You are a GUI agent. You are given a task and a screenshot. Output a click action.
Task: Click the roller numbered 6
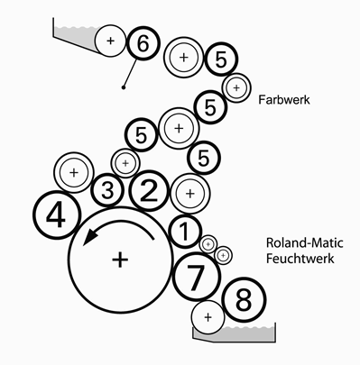pos(143,43)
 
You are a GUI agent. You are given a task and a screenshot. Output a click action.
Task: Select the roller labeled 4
pos(57,215)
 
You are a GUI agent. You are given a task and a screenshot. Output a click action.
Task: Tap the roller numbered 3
pos(107,190)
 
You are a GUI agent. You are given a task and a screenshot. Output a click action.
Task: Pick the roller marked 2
pos(149,191)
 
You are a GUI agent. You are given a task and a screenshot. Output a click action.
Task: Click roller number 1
pos(185,232)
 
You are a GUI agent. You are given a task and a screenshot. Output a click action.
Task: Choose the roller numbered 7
pos(198,277)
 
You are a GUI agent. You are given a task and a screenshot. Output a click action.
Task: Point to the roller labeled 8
pos(244,300)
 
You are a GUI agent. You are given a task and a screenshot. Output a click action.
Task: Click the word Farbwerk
pos(284,100)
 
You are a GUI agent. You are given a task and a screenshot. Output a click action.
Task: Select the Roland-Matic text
pos(304,242)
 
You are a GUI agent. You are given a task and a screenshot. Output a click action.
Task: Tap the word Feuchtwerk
pos(300,259)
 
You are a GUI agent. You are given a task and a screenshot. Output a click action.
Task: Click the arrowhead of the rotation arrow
pos(89,236)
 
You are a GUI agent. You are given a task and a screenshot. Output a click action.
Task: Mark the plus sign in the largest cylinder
pos(120,260)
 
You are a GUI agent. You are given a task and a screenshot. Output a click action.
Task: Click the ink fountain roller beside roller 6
pos(110,41)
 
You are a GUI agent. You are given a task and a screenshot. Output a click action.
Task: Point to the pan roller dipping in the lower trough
pos(208,317)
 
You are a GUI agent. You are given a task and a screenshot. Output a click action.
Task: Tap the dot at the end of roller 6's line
pos(123,87)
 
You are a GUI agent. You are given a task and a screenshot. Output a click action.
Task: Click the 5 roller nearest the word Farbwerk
pos(210,107)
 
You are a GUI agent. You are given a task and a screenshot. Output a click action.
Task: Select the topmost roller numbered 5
pos(221,59)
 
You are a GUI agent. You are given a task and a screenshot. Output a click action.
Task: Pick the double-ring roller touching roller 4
pos(74,172)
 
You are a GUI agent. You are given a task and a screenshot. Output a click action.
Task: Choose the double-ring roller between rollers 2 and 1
pos(189,194)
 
